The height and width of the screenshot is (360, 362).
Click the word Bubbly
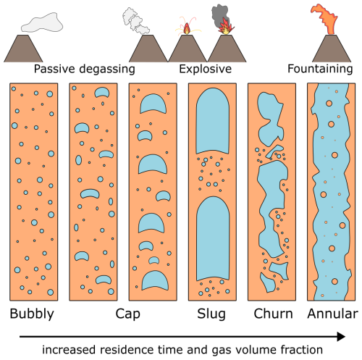(x=32, y=314)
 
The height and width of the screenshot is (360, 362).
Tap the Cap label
(x=127, y=314)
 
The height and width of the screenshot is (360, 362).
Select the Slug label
(x=211, y=314)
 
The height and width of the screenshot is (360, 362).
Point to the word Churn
(x=273, y=314)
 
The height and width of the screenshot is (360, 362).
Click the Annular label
(x=332, y=314)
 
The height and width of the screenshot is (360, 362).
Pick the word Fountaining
(x=320, y=69)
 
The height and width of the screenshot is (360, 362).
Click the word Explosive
(x=205, y=69)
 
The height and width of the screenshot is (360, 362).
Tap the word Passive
(x=54, y=69)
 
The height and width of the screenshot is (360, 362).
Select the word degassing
(x=107, y=70)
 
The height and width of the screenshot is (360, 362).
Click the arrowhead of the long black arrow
(x=341, y=337)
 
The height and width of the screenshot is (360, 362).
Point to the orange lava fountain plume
(x=324, y=19)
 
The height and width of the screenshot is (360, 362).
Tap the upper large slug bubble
(x=213, y=121)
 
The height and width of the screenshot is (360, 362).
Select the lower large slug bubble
(x=213, y=238)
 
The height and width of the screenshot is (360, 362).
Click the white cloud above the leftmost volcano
(x=42, y=22)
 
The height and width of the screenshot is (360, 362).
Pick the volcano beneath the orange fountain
(x=332, y=49)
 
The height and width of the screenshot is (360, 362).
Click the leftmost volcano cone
(x=23, y=49)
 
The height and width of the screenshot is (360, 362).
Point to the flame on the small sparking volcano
(x=187, y=28)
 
